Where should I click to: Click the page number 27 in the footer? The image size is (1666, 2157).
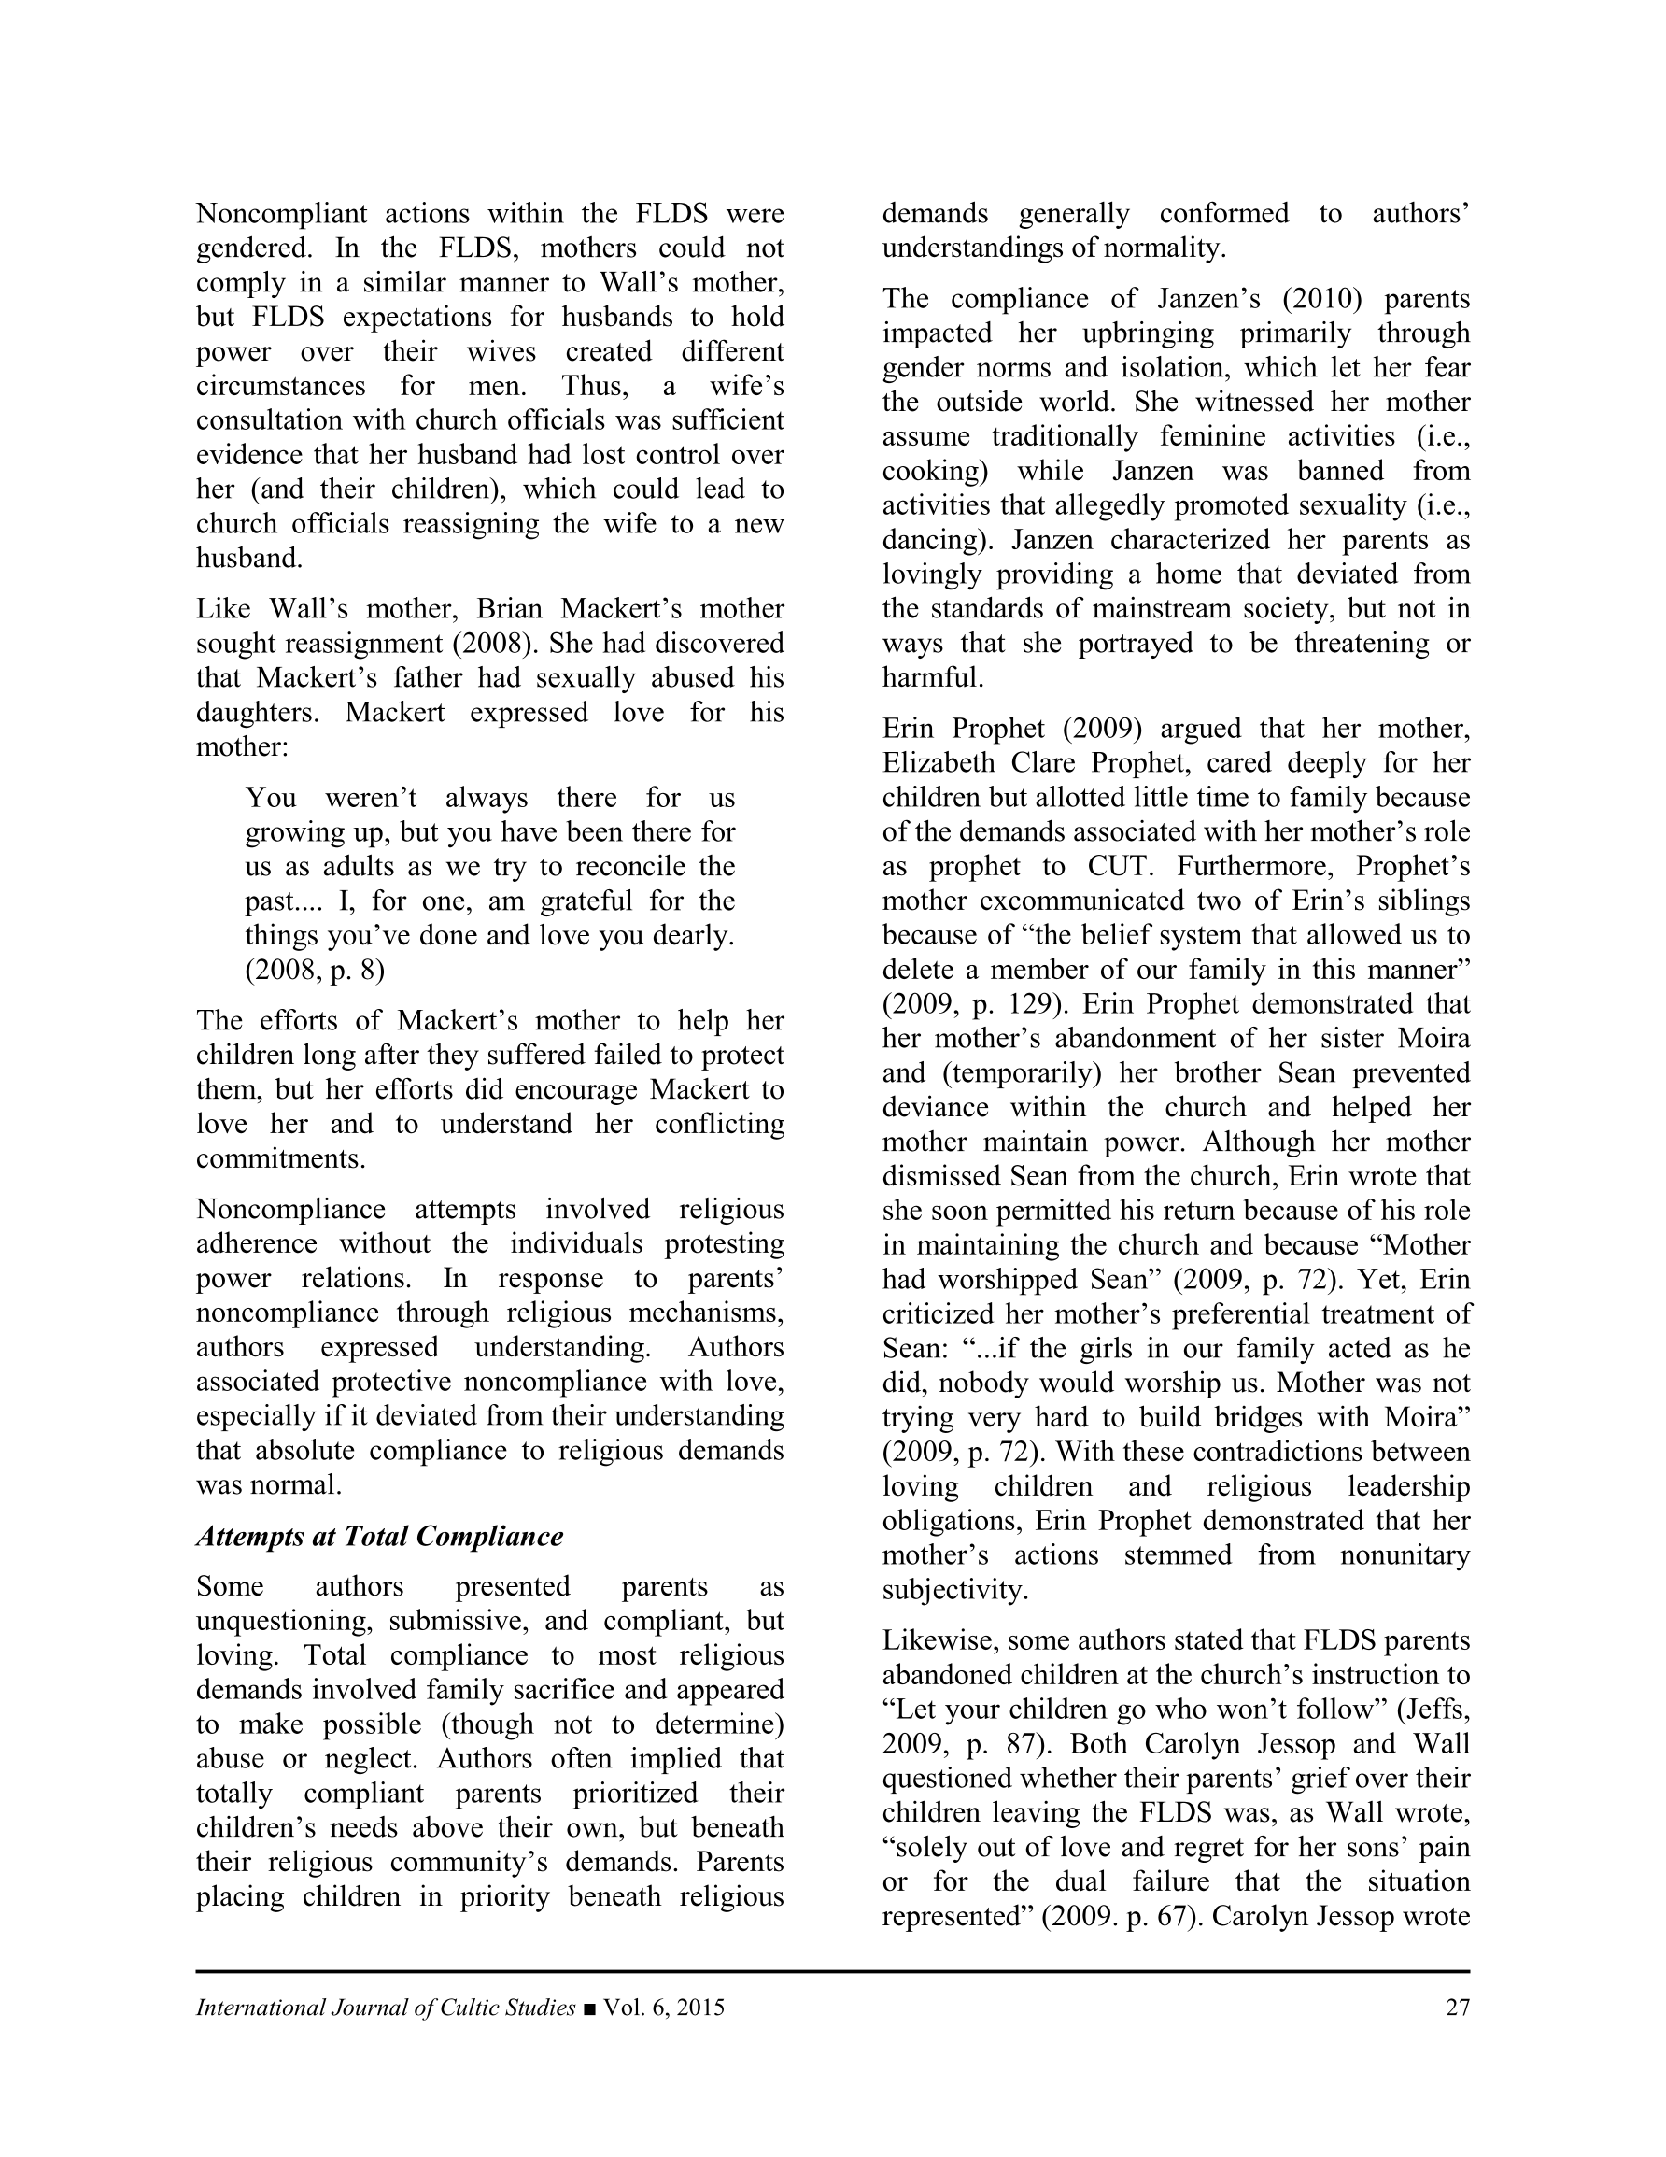pos(1457,2008)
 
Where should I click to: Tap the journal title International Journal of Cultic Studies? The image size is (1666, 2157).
pos(385,2008)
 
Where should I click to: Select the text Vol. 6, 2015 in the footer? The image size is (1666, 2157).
pos(664,2008)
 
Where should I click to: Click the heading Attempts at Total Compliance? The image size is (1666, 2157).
pos(379,1536)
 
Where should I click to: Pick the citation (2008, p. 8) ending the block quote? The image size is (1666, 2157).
pos(315,970)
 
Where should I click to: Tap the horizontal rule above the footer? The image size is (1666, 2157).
pos(832,1971)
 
